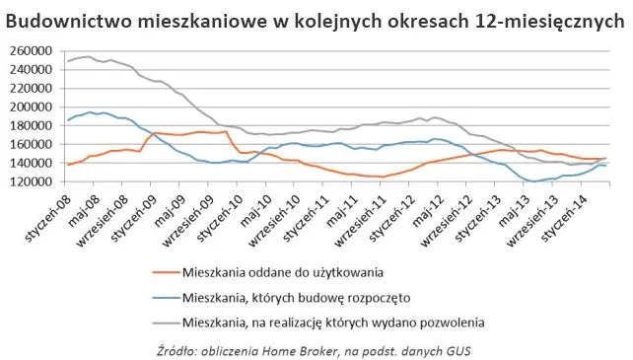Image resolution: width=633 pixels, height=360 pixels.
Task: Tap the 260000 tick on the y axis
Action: pyautogui.click(x=30, y=51)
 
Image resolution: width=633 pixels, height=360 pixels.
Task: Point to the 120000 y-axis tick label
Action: pyautogui.click(x=30, y=181)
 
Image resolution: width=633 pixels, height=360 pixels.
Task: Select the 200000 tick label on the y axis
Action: pyautogui.click(x=30, y=107)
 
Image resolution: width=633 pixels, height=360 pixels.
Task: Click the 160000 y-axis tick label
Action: pyautogui.click(x=30, y=144)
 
